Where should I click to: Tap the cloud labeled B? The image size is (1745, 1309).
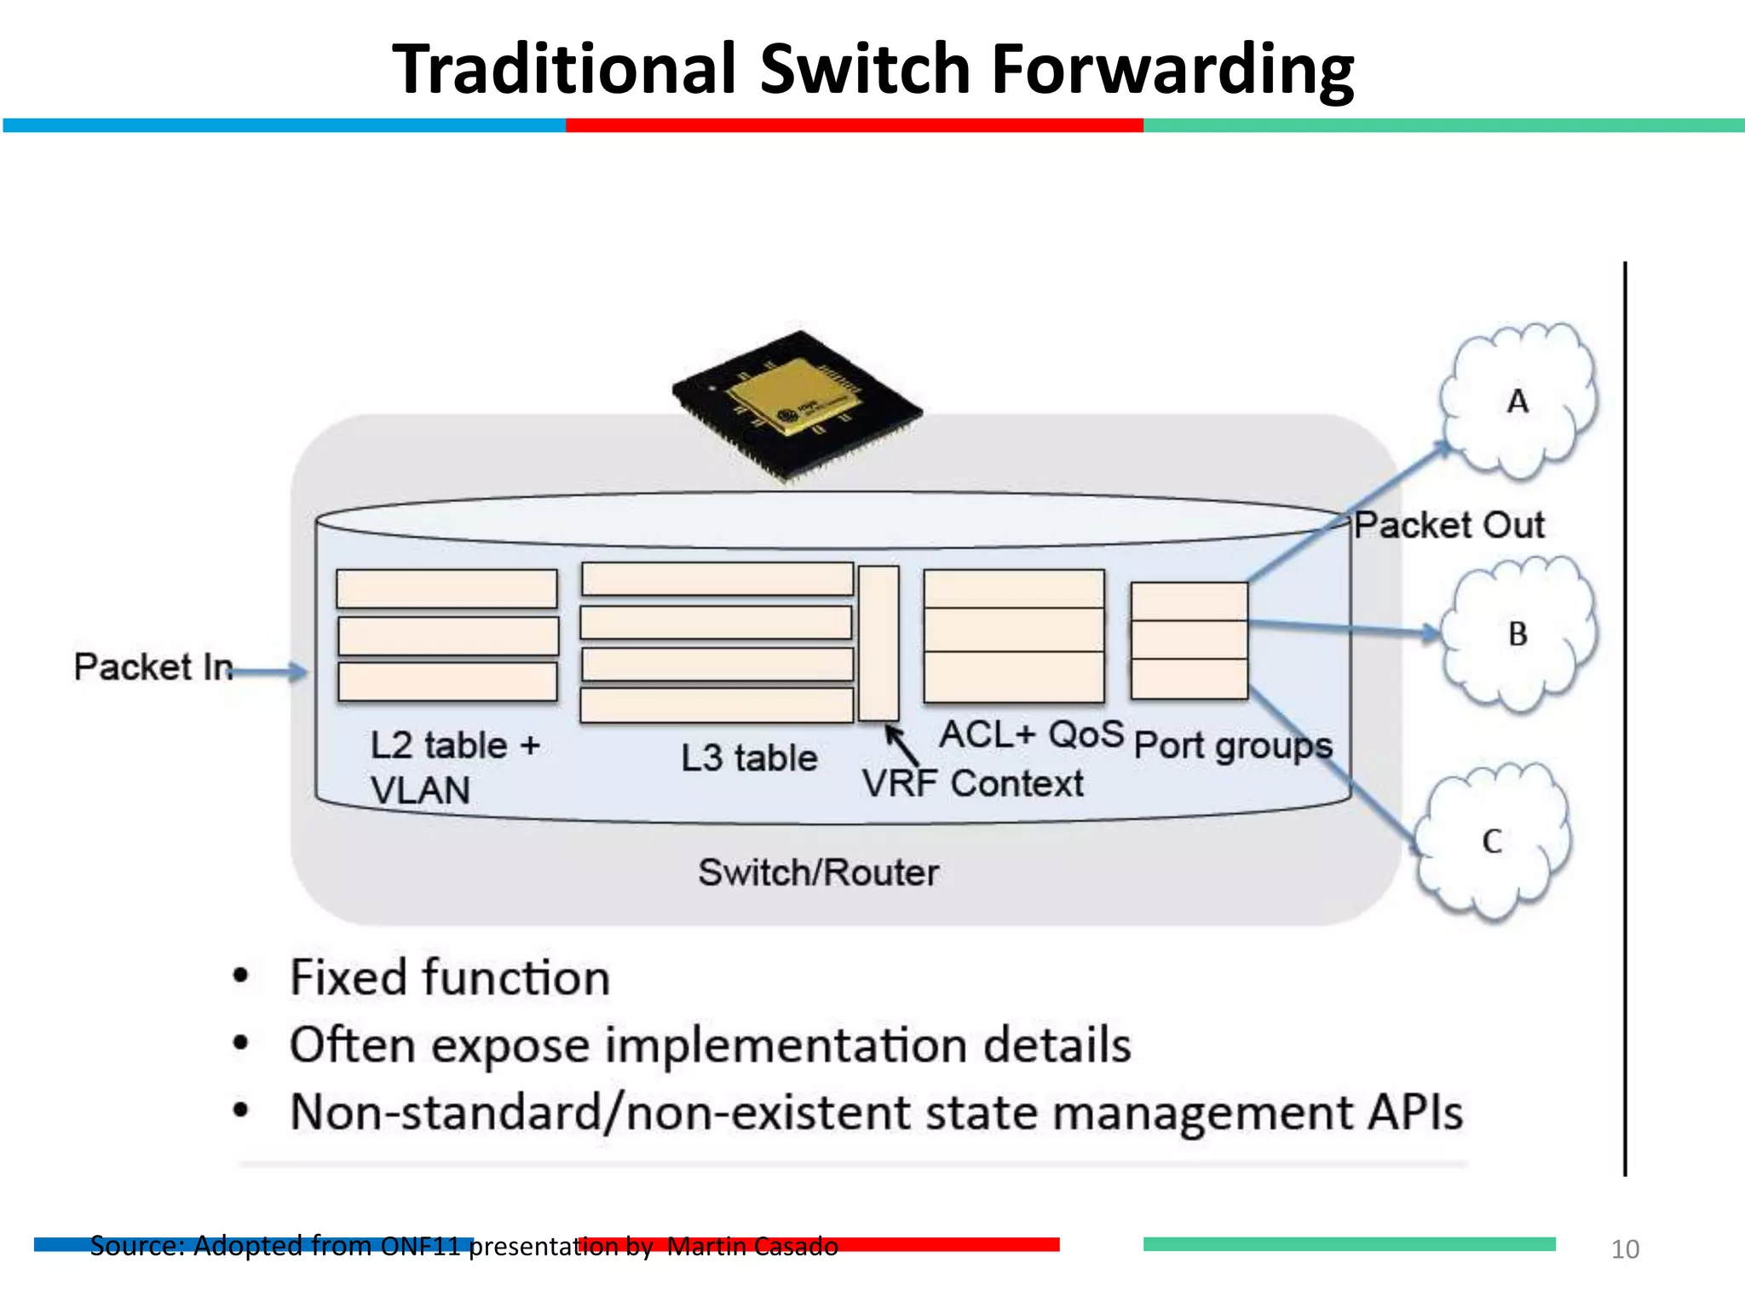pos(1518,633)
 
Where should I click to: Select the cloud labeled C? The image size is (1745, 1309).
pos(1493,841)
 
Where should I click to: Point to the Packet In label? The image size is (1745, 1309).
pos(153,666)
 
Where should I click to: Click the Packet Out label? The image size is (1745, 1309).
pos(1448,525)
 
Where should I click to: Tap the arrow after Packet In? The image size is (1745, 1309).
pos(269,672)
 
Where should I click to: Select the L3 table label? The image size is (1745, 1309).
pos(749,758)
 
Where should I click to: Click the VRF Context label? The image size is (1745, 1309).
pos(972,783)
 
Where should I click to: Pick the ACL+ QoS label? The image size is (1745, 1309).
pos(1032,734)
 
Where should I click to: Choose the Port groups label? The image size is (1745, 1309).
pos(1233,746)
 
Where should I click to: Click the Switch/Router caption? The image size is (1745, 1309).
pos(818,873)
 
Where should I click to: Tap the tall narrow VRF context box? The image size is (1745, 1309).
pos(878,643)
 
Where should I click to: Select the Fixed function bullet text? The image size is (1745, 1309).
pos(450,977)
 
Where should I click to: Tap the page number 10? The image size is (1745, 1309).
pos(1625,1249)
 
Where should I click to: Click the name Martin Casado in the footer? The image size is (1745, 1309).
pos(752,1246)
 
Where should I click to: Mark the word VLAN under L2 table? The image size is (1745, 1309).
pos(420,790)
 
